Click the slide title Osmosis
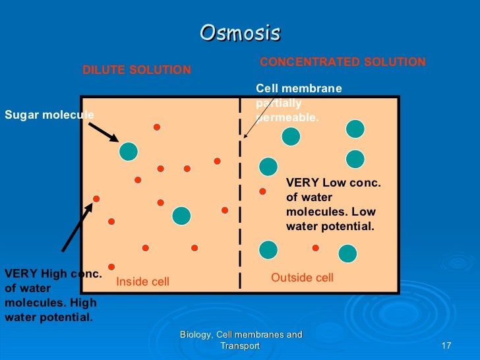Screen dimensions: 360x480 tap(240, 32)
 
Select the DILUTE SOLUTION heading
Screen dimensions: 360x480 tap(136, 70)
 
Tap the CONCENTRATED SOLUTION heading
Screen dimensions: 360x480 tap(343, 62)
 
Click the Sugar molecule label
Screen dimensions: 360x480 tap(49, 115)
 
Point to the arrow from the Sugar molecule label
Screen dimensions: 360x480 tap(104, 131)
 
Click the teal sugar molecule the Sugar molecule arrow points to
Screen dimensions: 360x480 tap(129, 151)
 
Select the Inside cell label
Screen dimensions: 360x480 tap(142, 282)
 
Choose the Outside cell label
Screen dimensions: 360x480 tap(302, 278)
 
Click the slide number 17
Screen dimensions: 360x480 tap(445, 346)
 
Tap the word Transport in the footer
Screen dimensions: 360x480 tap(240, 345)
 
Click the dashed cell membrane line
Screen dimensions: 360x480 tap(240, 198)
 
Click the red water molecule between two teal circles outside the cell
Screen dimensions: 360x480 tap(315, 248)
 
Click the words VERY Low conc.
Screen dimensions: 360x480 tap(333, 183)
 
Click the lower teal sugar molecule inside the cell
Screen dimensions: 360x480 tap(181, 216)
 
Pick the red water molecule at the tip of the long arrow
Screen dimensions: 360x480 tap(96, 198)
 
